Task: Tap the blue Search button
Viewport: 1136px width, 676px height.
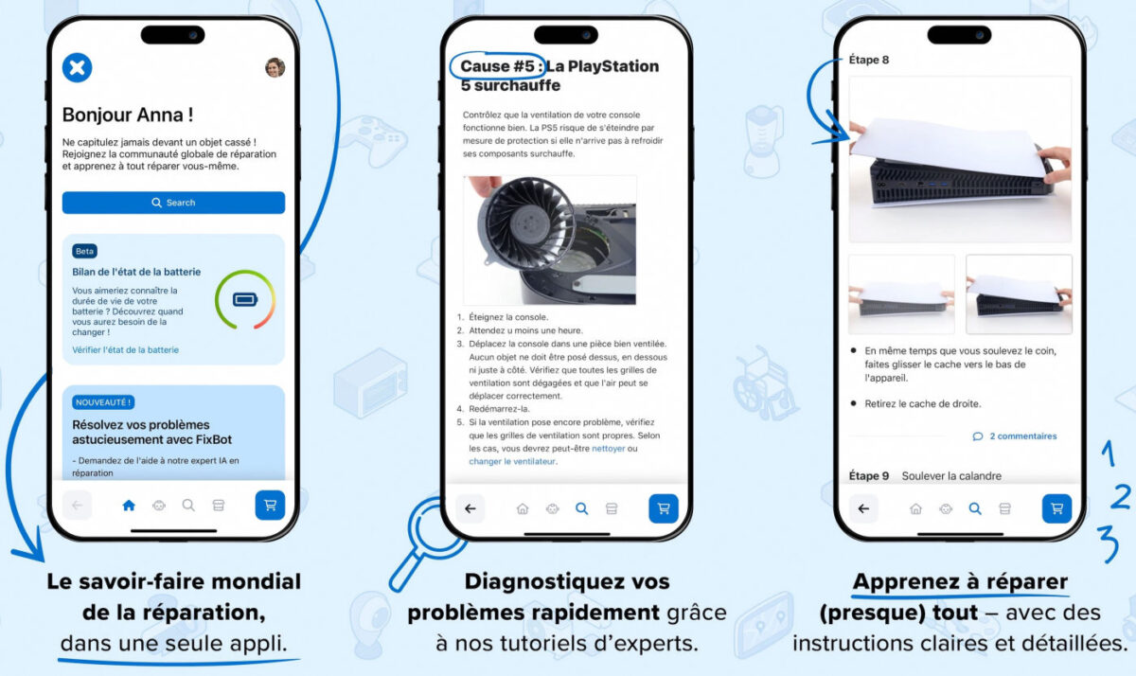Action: point(173,203)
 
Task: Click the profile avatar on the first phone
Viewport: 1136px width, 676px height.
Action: point(275,67)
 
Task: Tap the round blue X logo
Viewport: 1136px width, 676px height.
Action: point(78,67)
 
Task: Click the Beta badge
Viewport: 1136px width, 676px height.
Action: point(84,252)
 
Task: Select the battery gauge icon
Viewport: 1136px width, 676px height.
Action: point(244,300)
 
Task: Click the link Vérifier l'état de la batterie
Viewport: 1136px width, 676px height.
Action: point(125,350)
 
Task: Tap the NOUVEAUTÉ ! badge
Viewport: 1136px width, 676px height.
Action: point(103,402)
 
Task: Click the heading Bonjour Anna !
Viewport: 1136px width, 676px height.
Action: point(128,116)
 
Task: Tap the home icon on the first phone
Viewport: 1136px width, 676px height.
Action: point(129,506)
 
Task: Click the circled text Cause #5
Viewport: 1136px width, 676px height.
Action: point(498,66)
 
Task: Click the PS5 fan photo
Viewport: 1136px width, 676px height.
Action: point(550,240)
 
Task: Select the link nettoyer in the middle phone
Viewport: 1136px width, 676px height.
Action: point(609,448)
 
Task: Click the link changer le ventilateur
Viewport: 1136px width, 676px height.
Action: point(512,461)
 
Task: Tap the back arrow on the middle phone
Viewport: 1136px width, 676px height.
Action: point(470,508)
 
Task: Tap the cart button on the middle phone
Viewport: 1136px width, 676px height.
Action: point(663,508)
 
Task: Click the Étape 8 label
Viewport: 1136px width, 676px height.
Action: point(869,60)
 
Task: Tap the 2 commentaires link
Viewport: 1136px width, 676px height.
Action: point(1015,436)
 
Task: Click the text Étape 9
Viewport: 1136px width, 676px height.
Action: point(869,475)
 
